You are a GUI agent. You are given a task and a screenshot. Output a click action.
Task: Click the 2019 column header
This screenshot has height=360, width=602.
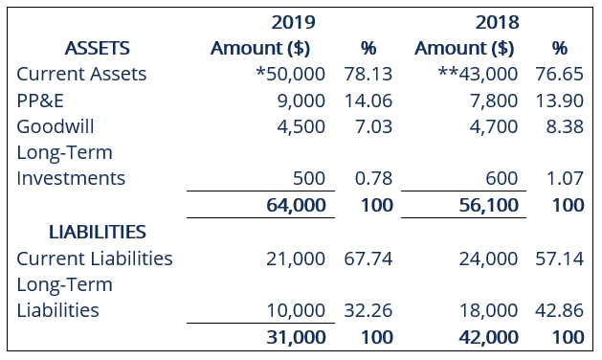pyautogui.click(x=294, y=21)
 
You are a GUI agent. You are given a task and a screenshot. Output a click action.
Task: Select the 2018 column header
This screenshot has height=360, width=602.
pyautogui.click(x=496, y=21)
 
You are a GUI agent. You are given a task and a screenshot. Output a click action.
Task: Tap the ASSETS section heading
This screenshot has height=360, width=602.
pyautogui.click(x=97, y=48)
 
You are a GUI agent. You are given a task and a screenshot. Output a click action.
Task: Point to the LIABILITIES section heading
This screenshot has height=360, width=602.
pyautogui.click(x=98, y=232)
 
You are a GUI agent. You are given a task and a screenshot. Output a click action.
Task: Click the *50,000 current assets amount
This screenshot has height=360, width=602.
pyautogui.click(x=290, y=74)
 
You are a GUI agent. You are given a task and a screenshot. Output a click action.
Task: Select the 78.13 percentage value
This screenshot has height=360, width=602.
pyautogui.click(x=368, y=74)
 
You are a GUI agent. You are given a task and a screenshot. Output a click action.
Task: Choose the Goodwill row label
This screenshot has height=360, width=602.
pyautogui.click(x=56, y=126)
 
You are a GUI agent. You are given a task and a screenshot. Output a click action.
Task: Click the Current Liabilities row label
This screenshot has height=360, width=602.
pyautogui.click(x=95, y=259)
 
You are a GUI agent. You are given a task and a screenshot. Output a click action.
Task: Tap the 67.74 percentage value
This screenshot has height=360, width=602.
pyautogui.click(x=368, y=259)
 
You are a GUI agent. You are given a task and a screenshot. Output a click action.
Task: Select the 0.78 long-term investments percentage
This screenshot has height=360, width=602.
pyautogui.click(x=368, y=179)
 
